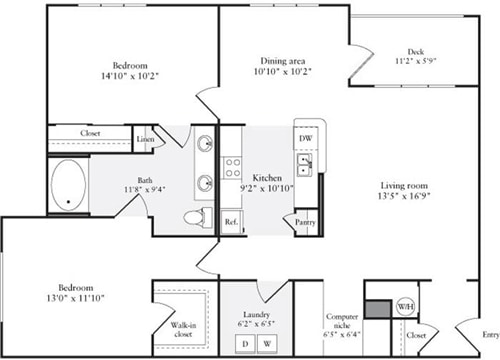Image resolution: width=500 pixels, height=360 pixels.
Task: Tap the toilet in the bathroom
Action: coord(194,217)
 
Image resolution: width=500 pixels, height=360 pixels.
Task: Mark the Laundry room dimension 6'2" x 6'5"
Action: coord(254,325)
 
